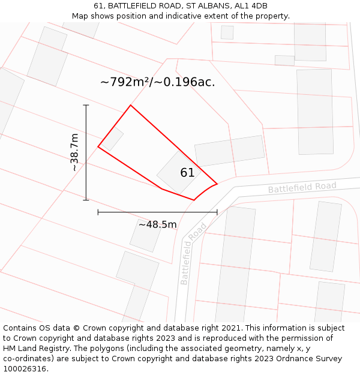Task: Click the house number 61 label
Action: [187, 173]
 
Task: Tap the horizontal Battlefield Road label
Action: [302, 188]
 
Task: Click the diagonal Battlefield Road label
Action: [193, 253]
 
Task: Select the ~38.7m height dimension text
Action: [74, 152]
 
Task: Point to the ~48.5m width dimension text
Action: [157, 225]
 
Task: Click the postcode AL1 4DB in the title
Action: [251, 6]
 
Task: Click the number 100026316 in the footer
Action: [25, 368]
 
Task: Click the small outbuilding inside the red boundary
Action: [112, 139]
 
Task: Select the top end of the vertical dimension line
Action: [86, 106]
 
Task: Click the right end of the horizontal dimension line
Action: [217, 212]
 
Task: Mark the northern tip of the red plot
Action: [130, 106]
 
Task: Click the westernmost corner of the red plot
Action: [98, 146]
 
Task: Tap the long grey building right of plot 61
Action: [230, 151]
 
